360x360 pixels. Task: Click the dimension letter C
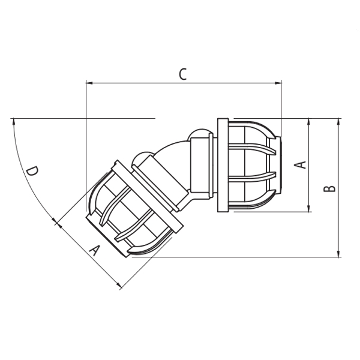pos(183,74)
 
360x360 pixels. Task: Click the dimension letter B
pos(329,188)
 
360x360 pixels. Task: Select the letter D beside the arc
pos(32,172)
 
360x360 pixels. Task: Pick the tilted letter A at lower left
pos(95,250)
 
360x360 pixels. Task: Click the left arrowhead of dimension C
pos(89,83)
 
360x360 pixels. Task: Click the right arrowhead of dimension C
pos(278,83)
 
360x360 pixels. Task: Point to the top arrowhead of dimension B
pos(338,122)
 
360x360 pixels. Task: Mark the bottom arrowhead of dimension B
pos(338,253)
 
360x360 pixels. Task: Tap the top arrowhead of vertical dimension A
pos(309,122)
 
